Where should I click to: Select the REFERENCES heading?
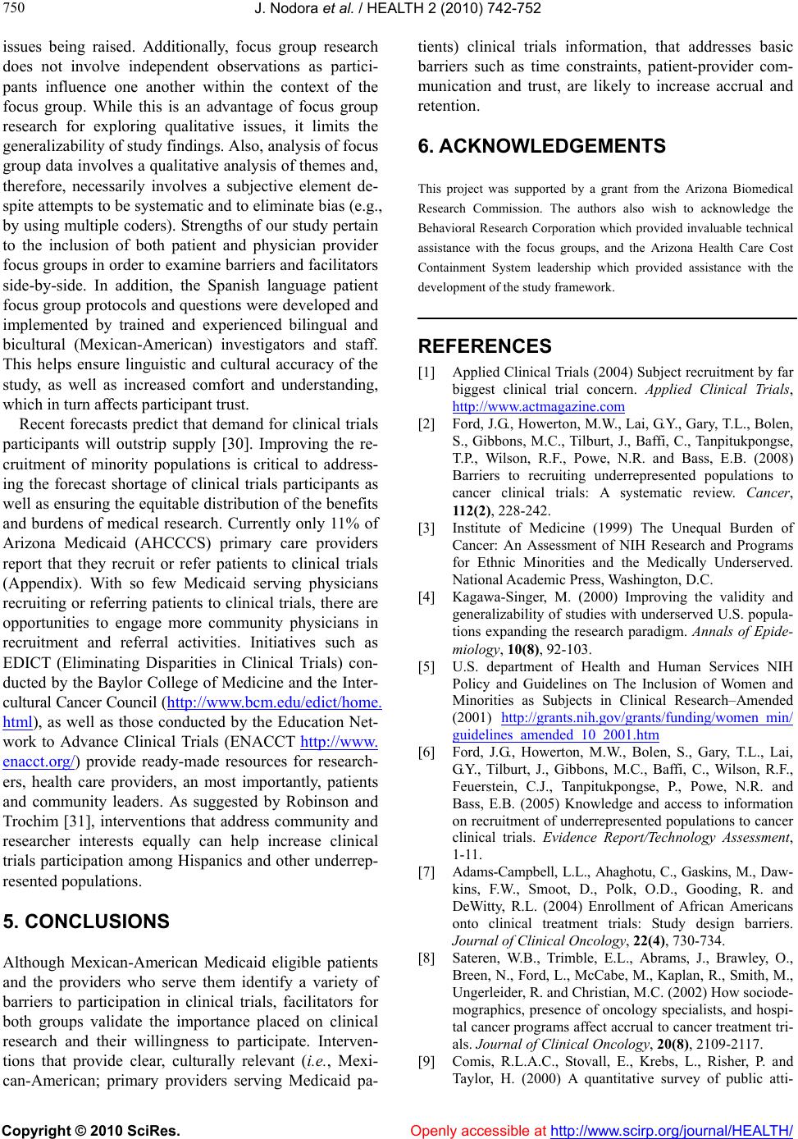[x=485, y=346]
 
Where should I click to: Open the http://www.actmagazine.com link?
[x=538, y=405]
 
